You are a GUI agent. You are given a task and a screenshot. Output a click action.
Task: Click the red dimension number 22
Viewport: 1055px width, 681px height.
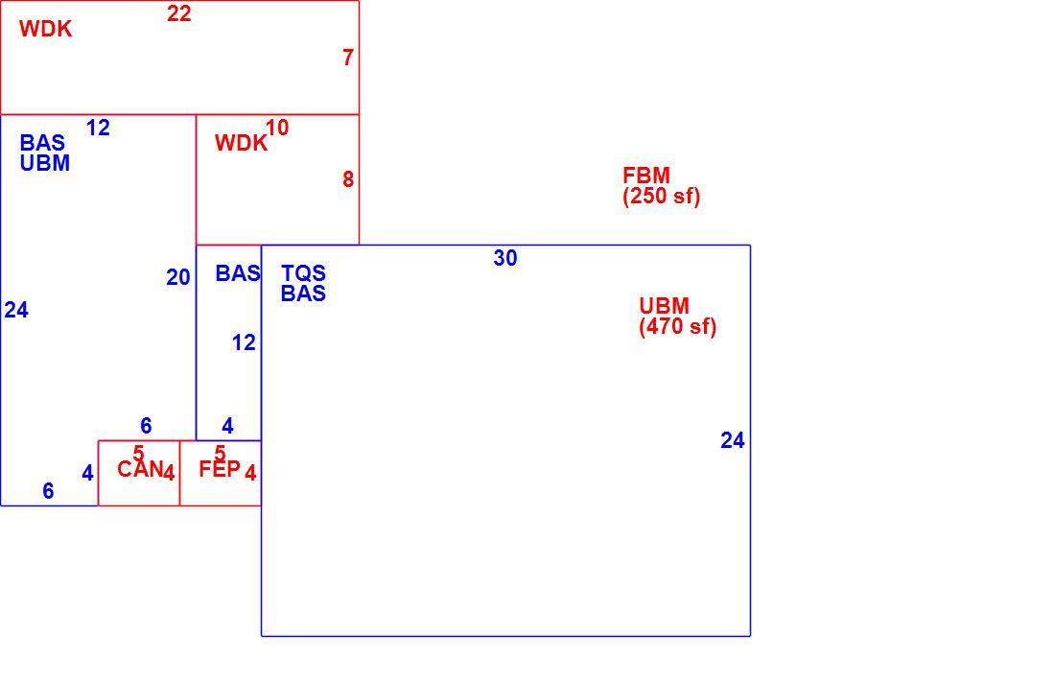[179, 13]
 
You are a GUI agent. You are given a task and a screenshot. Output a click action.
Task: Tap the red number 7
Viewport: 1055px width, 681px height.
[348, 58]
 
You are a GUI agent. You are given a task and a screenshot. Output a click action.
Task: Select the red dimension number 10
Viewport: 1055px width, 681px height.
[277, 128]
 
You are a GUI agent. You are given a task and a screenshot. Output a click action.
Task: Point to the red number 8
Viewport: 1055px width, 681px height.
[348, 179]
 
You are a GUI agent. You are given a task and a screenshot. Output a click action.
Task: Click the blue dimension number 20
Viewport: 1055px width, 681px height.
[178, 277]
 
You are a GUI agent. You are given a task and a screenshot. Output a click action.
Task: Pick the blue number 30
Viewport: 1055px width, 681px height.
[505, 258]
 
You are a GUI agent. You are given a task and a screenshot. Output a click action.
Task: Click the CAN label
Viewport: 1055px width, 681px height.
[140, 469]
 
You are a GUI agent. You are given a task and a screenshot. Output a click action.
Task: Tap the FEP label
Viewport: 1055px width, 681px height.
[220, 469]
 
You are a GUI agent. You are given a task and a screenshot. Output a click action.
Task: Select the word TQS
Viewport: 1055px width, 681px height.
[303, 273]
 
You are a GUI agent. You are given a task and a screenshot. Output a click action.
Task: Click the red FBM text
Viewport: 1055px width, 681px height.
[646, 176]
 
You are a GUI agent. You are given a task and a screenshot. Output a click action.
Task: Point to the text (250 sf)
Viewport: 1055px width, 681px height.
[662, 197]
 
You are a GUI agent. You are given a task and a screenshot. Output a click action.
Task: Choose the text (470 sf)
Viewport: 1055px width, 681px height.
[677, 327]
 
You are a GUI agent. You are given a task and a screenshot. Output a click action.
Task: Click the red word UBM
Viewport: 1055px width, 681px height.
[664, 306]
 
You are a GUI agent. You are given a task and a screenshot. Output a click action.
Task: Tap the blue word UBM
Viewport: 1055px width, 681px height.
[45, 163]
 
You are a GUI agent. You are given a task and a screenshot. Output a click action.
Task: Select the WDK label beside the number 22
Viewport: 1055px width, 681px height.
[46, 29]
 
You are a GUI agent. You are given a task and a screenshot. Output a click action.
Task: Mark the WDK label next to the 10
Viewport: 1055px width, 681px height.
[241, 143]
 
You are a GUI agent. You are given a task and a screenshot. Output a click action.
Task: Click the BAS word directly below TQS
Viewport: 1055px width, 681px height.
[303, 294]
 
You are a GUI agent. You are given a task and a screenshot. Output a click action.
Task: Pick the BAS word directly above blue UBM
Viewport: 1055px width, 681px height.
[42, 143]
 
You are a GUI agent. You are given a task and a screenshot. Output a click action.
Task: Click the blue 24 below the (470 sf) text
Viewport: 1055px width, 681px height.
[733, 441]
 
